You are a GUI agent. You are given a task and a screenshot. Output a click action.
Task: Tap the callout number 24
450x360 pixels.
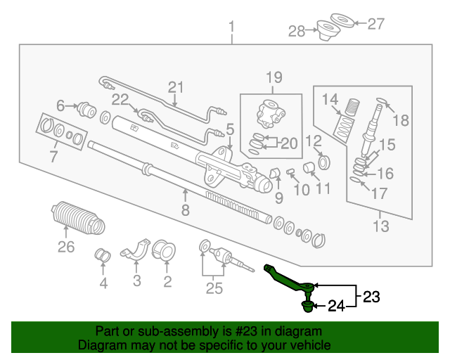click(x=336, y=306)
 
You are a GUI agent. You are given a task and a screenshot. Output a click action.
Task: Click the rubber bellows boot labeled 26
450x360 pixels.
click(x=78, y=218)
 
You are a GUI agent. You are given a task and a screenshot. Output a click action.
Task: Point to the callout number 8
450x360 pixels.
click(x=186, y=210)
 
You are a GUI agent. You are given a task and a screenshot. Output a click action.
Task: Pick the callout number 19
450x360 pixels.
click(x=274, y=77)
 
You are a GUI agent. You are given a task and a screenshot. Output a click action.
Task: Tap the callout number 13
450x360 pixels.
click(x=381, y=226)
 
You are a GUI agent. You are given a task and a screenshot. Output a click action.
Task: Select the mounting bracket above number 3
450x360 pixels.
click(x=136, y=249)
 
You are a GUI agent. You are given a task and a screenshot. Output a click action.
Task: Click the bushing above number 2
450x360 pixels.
click(x=163, y=250)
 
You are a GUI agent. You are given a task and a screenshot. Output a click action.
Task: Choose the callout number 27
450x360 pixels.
click(x=375, y=24)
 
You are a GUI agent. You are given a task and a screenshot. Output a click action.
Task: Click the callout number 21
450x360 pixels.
click(x=175, y=87)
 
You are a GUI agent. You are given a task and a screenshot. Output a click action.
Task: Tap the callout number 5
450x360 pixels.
click(x=230, y=129)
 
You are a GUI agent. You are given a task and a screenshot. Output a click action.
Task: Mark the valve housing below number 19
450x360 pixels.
click(x=271, y=114)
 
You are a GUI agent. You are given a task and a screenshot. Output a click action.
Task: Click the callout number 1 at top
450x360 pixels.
click(x=231, y=27)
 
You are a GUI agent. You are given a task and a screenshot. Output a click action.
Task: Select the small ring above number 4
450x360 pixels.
click(x=103, y=255)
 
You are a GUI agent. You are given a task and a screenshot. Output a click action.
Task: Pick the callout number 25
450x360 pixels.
click(x=214, y=288)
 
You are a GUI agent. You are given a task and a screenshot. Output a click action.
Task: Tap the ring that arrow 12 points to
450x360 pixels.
click(x=324, y=162)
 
